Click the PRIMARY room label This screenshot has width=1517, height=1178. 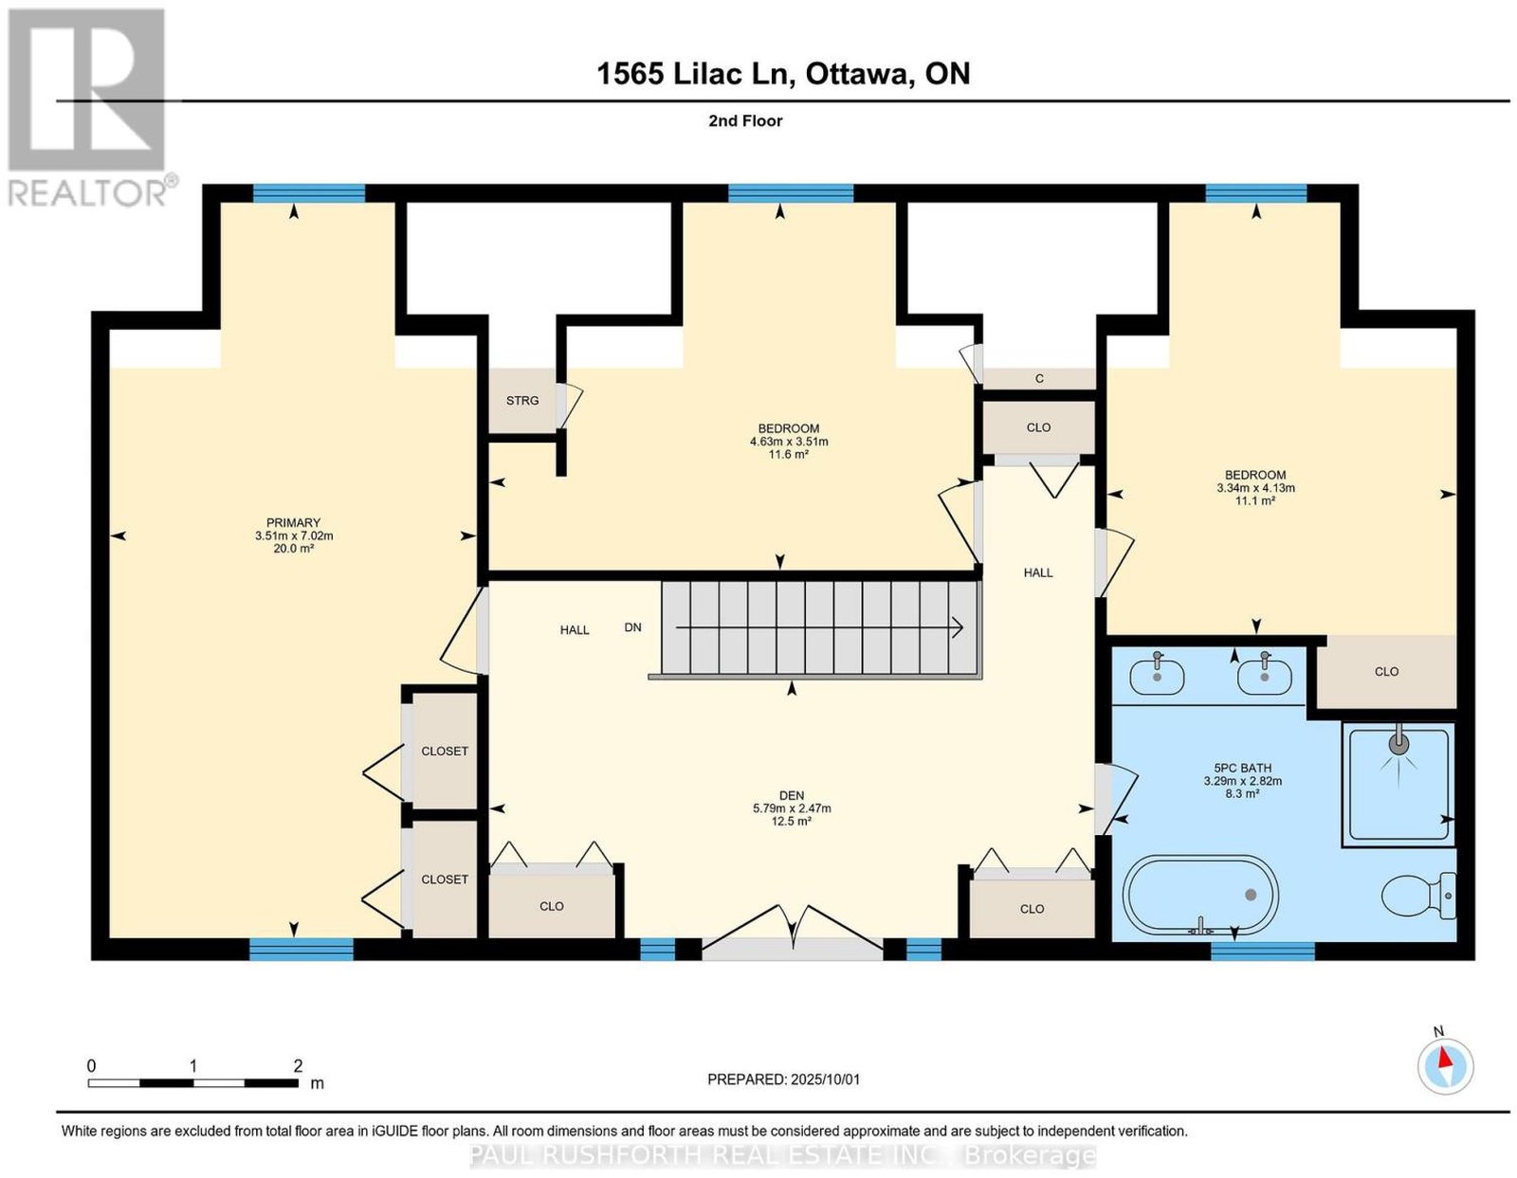293,522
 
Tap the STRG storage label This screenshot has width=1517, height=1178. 522,400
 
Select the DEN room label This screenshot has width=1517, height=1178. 791,795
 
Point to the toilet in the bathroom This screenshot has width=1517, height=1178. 1418,896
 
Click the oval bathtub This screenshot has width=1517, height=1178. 1200,895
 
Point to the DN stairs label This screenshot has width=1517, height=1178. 632,627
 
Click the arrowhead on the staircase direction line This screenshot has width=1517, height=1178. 958,627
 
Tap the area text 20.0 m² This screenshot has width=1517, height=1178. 293,548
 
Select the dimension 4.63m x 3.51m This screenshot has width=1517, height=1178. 789,442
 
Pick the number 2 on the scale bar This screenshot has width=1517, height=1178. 298,1066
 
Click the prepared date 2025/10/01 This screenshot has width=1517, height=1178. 825,1079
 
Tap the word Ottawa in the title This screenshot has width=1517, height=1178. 858,73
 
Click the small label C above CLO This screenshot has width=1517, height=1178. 1039,378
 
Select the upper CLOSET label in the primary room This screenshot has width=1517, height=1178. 445,752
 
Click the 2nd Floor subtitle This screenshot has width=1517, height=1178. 745,120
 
